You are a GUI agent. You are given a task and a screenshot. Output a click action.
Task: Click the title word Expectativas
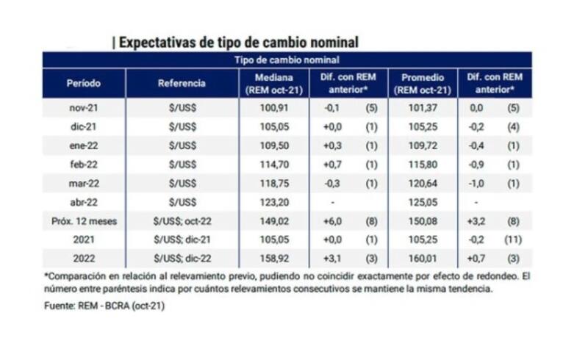pos(155,41)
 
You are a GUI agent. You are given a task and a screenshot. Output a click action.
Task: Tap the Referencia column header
pos(182,83)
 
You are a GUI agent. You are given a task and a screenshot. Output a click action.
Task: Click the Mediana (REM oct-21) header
pos(273,83)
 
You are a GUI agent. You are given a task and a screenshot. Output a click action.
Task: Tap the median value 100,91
pos(273,108)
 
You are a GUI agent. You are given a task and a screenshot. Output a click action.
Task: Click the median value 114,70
pos(273,165)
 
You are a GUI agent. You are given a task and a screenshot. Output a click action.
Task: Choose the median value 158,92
pos(273,259)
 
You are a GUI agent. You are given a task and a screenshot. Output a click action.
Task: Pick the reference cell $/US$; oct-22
pos(182,221)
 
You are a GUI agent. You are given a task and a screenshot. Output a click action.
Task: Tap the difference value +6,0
pos(331,221)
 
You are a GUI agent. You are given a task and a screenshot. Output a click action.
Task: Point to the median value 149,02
pos(273,221)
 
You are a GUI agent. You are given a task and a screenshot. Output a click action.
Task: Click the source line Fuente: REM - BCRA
pos(104,306)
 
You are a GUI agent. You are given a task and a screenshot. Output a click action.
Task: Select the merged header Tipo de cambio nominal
pos(287,60)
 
